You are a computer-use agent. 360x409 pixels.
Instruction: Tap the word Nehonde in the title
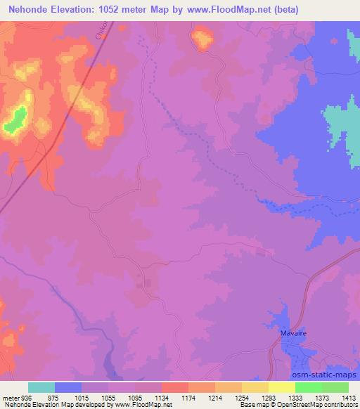(x=29, y=10)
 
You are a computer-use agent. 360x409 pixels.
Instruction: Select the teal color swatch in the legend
(x=41, y=387)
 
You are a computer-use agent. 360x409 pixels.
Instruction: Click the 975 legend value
(x=53, y=397)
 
